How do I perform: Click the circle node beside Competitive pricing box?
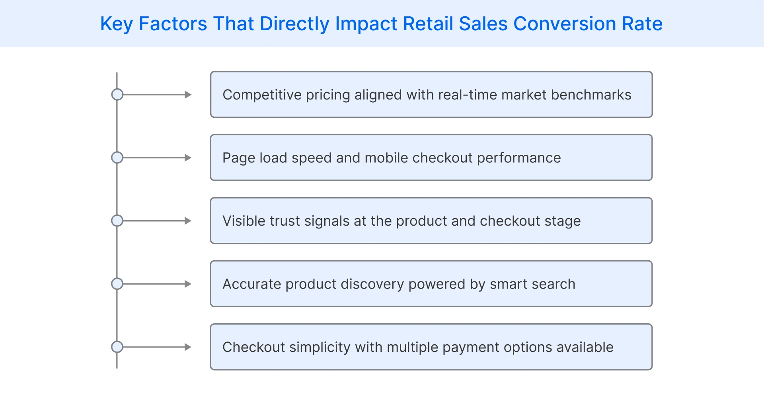117,95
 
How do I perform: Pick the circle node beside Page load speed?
117,158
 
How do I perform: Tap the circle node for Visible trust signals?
117,221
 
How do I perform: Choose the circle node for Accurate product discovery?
117,284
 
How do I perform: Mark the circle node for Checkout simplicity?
117,347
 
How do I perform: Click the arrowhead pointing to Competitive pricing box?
188,95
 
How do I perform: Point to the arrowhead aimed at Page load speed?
188,158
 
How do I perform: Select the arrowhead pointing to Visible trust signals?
188,221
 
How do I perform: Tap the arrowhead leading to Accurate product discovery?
188,284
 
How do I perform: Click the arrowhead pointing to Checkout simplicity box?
188,347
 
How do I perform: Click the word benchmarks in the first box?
591,95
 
